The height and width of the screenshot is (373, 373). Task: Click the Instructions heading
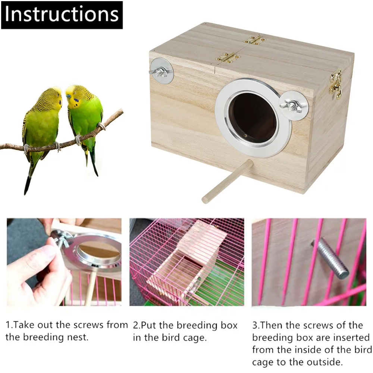tap(62, 15)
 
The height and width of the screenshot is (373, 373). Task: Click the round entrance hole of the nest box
tap(253, 117)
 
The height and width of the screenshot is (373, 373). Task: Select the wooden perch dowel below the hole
tap(228, 181)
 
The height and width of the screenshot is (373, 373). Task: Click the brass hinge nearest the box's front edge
tap(228, 57)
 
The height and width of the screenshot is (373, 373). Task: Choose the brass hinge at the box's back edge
tap(254, 40)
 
